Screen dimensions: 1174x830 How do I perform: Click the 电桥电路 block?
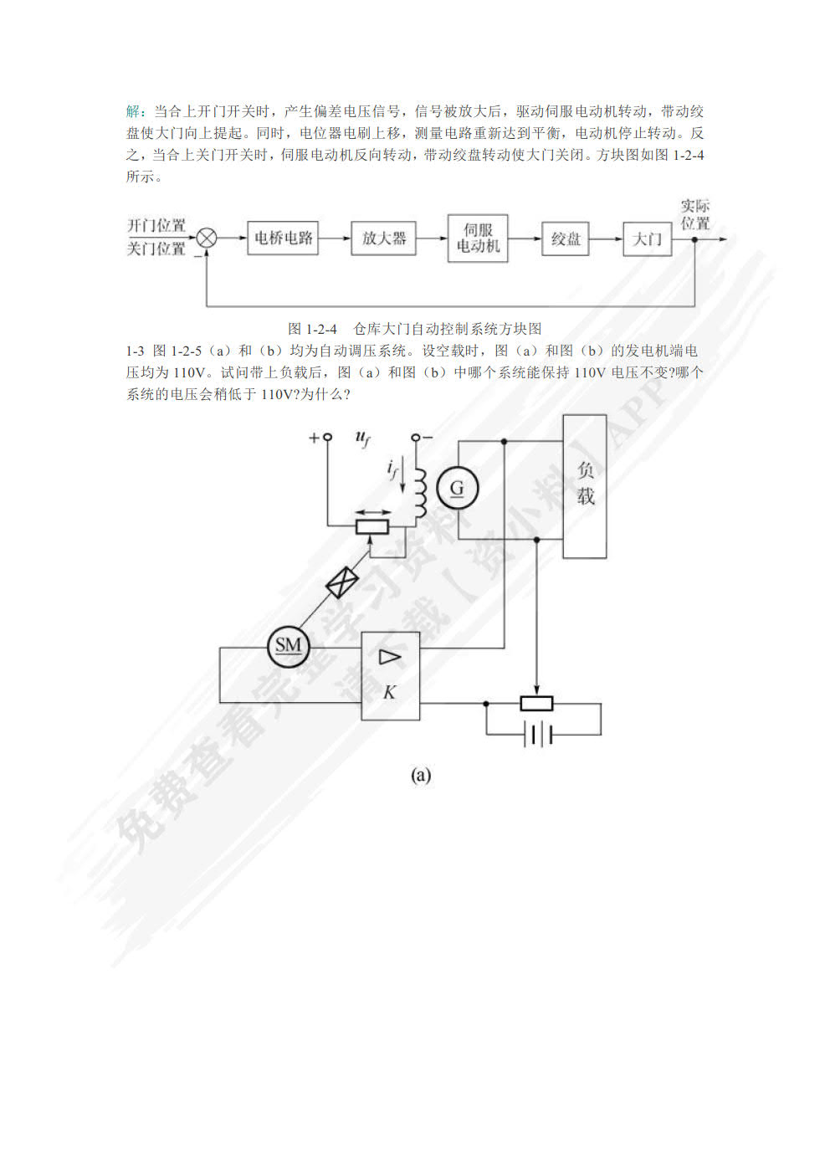point(283,238)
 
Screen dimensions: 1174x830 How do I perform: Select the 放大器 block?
point(383,238)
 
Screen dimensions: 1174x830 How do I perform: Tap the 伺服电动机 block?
point(478,238)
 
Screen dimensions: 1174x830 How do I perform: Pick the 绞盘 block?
point(565,238)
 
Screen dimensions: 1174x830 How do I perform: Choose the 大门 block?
point(647,238)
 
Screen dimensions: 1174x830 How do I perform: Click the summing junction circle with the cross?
point(207,238)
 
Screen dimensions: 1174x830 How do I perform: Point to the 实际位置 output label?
point(694,214)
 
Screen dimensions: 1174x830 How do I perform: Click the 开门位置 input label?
point(156,225)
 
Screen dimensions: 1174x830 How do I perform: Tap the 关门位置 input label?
point(156,249)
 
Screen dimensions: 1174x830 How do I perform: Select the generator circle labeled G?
point(457,488)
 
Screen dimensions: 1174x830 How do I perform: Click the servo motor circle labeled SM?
point(288,645)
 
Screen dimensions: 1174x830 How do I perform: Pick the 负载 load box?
point(584,485)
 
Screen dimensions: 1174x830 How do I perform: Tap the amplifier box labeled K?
point(390,676)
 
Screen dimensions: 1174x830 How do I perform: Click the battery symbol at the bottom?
point(540,734)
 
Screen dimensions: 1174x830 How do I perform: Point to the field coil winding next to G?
point(420,494)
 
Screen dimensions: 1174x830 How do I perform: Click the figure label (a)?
point(421,775)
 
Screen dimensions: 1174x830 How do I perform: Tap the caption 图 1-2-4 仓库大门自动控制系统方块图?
point(414,329)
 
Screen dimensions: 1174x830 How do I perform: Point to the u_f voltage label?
point(362,438)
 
